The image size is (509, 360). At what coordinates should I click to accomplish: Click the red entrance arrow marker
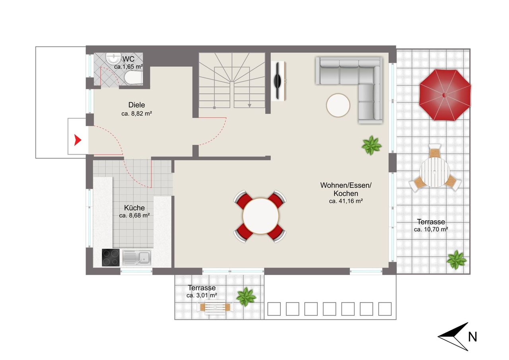pos(78,140)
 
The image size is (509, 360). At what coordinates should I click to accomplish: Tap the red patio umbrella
pos(445,95)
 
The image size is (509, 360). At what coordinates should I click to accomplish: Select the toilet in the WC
pos(133,78)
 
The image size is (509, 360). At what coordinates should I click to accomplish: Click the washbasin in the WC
pos(113,58)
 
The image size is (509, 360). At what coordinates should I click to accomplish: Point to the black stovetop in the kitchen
pos(111,257)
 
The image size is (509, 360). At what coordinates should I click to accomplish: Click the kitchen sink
pos(137,258)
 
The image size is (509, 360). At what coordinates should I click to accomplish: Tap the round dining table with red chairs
pos(260,216)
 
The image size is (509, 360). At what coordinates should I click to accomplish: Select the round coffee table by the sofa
pos(338,105)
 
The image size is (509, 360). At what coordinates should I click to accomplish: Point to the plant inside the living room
pos(371,146)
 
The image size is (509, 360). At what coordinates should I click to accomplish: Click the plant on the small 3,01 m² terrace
pos(246,297)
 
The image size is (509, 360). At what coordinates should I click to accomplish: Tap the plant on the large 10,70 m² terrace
pos(457,260)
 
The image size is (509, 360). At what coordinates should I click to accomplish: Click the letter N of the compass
pos(472,337)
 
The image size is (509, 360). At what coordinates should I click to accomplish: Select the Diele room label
pos(136,105)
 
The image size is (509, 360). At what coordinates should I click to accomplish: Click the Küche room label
pos(134,208)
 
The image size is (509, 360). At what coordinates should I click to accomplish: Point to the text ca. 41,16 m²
pos(346,201)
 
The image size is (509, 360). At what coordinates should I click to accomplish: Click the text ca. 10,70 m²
pos(431,230)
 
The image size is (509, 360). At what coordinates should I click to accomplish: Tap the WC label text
pos(128,59)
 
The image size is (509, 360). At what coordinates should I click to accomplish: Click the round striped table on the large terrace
pos(435,172)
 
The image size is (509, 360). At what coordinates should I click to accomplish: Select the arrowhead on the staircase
pos(249,106)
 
